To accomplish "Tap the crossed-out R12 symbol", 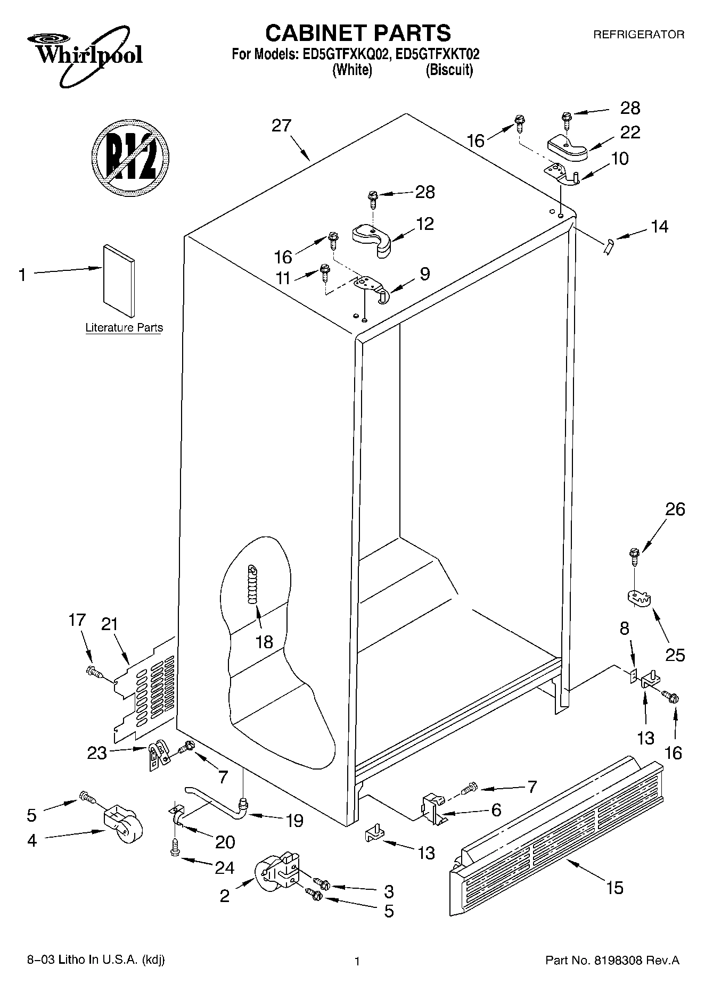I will (130, 156).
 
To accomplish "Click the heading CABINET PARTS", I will (358, 33).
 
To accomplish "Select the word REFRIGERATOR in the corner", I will (638, 35).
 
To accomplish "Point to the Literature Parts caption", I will (124, 328).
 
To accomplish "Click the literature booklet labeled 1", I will (119, 280).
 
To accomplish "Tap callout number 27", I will (281, 126).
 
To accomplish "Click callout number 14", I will (659, 227).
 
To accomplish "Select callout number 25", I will (675, 654).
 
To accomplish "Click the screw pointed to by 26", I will (634, 556).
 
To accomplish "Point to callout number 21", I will (109, 624).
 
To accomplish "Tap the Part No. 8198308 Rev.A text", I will (612, 961).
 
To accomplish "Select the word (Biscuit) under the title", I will (449, 70).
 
